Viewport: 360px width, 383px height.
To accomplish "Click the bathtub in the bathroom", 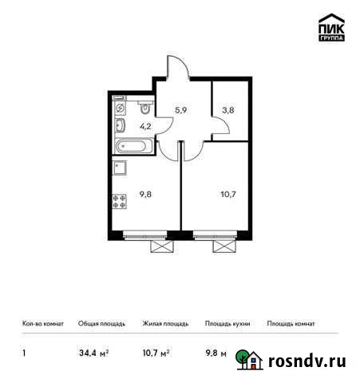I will [132, 147].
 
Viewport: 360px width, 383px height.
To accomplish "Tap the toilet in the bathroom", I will [144, 105].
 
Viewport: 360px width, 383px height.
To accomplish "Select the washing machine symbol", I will [119, 106].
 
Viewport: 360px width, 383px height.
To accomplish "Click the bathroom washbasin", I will [120, 126].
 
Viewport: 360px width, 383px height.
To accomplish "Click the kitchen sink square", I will [120, 168].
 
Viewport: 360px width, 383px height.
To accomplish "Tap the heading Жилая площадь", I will [165, 324].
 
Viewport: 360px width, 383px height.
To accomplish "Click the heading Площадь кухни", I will [227, 324].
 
